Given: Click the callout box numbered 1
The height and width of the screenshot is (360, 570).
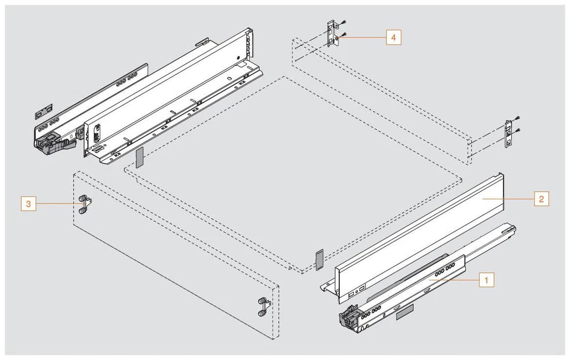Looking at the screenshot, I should pyautogui.click(x=486, y=280).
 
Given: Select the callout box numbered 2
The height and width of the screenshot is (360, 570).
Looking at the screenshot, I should pyautogui.click(x=541, y=199).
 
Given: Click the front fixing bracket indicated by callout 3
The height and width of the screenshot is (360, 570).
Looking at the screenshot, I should pyautogui.click(x=84, y=204).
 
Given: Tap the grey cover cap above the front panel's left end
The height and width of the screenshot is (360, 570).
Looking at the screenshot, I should pyautogui.click(x=139, y=158).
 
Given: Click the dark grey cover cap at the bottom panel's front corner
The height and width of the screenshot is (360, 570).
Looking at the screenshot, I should pyautogui.click(x=319, y=259).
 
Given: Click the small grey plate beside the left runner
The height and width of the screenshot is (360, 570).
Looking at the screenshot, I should pyautogui.click(x=43, y=109).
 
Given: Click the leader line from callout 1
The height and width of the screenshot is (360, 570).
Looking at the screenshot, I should pyautogui.click(x=456, y=280).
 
